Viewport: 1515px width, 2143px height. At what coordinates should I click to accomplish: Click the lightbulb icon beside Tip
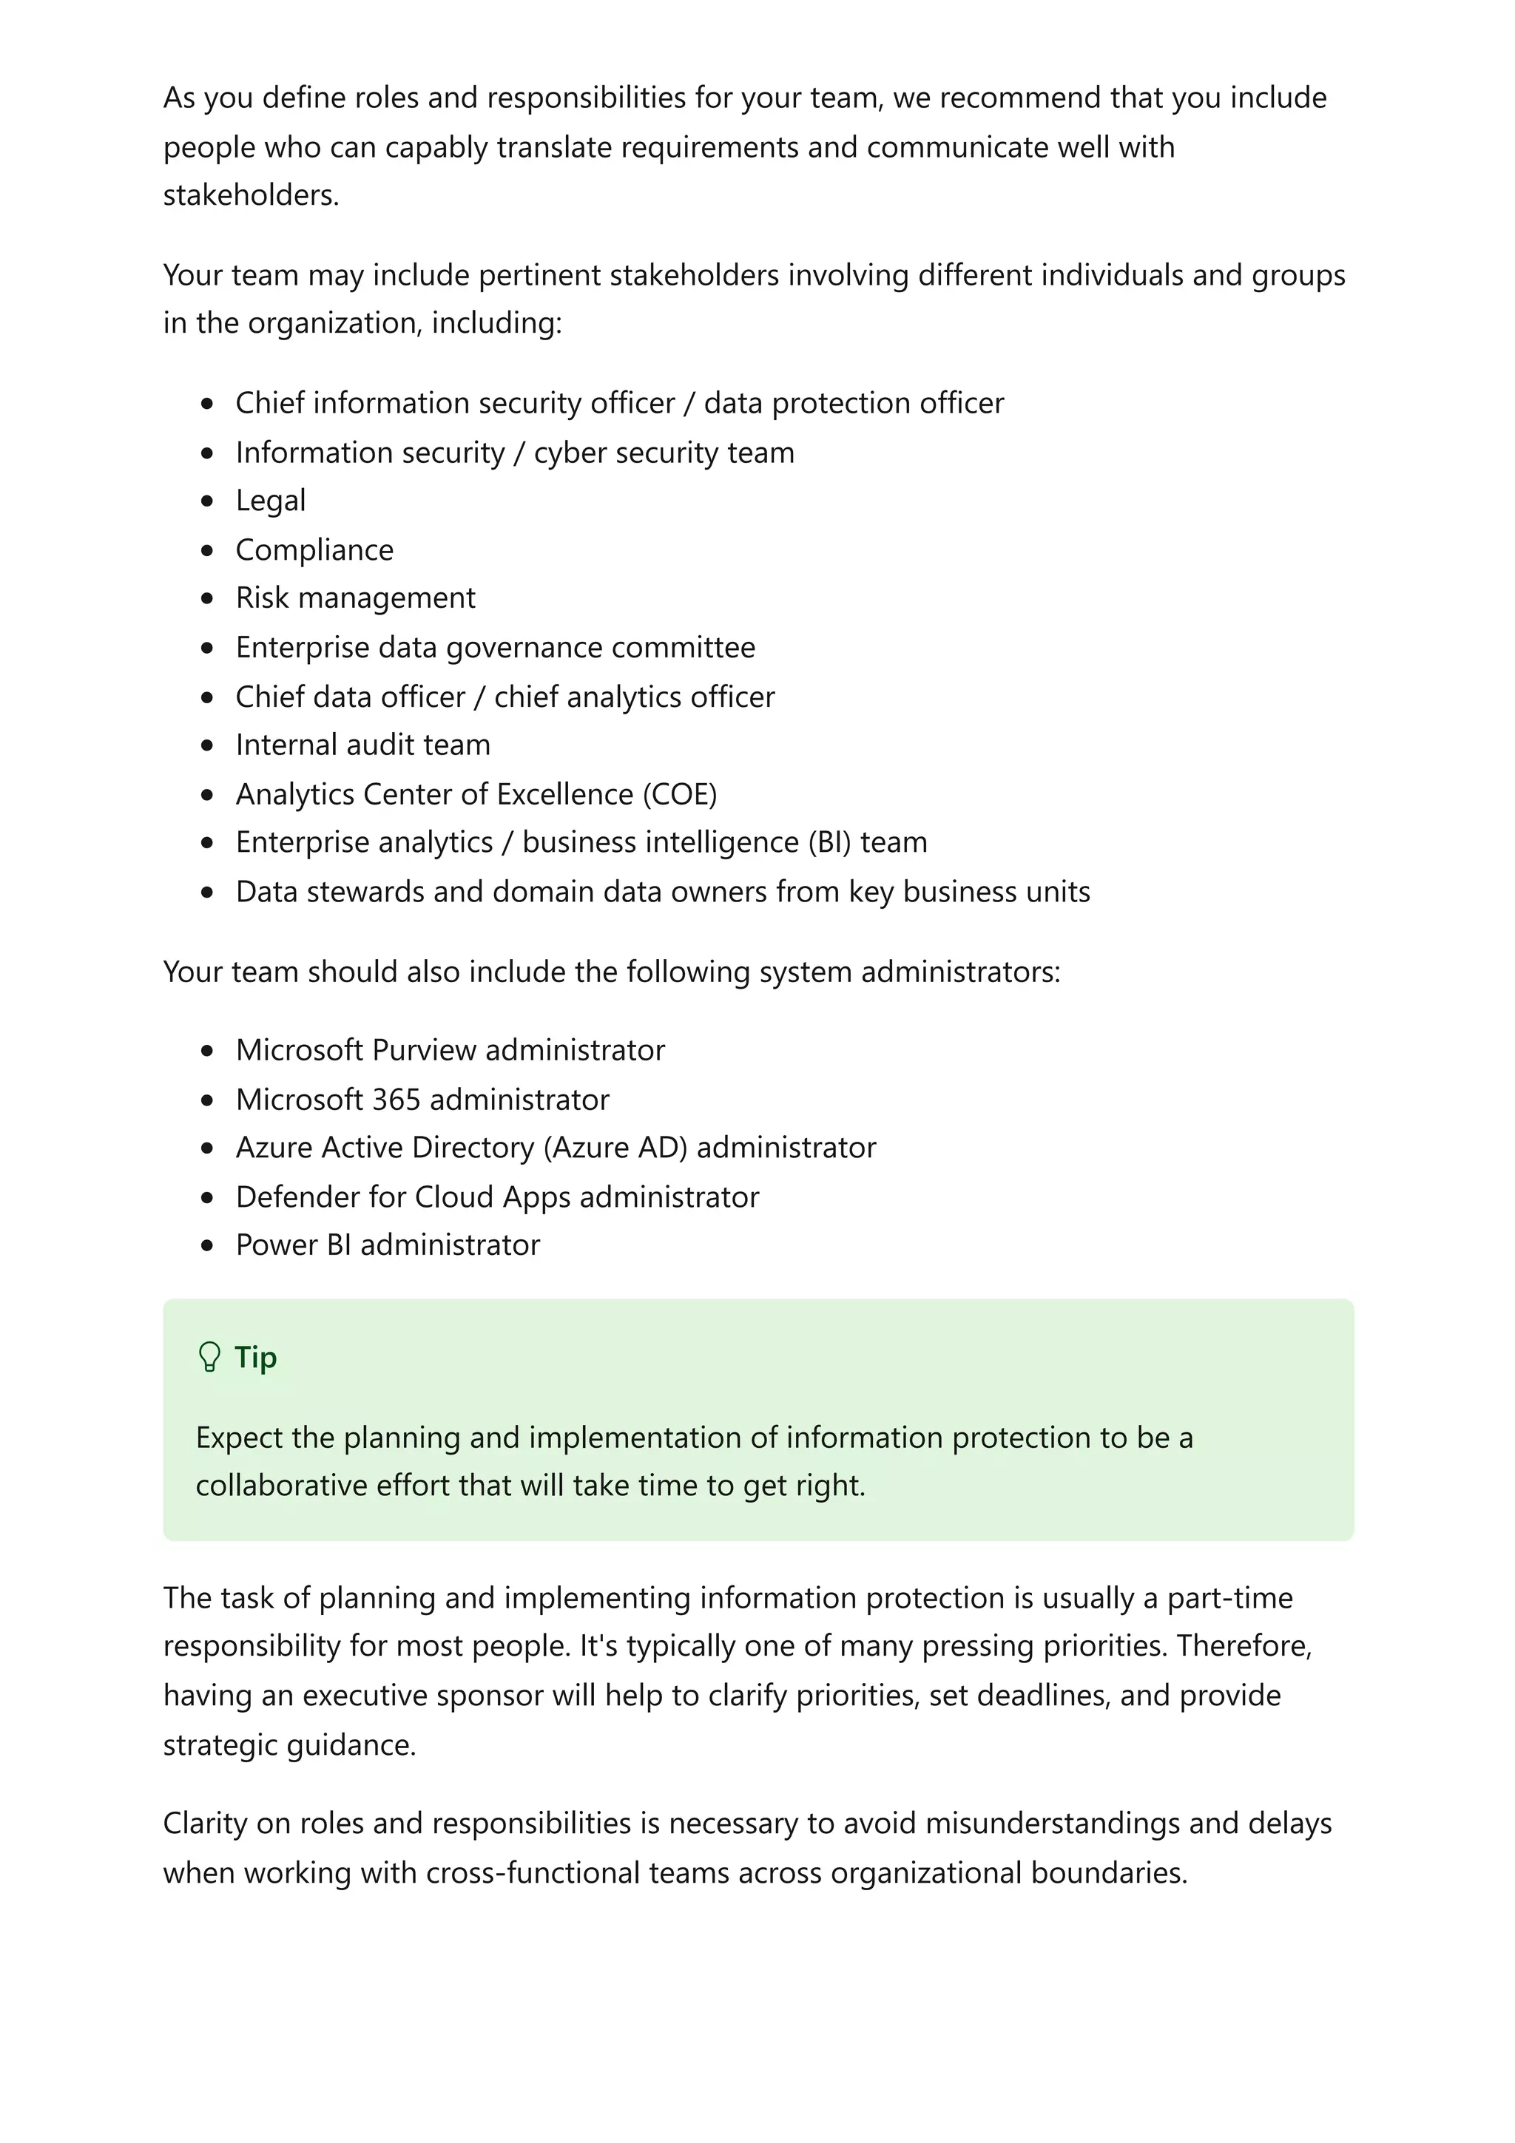pyautogui.click(x=209, y=1357)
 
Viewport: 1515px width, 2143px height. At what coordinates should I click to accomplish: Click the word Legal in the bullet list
pyautogui.click(x=270, y=501)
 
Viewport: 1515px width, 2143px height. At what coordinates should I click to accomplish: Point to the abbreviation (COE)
pyautogui.click(x=678, y=794)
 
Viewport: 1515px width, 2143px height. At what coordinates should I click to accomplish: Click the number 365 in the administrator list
pyautogui.click(x=396, y=1100)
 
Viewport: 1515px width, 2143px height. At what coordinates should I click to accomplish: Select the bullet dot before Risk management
pyautogui.click(x=207, y=598)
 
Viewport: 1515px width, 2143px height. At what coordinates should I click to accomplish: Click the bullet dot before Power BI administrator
pyautogui.click(x=207, y=1245)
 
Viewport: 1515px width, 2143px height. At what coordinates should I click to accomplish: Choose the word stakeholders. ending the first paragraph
pyautogui.click(x=251, y=195)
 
